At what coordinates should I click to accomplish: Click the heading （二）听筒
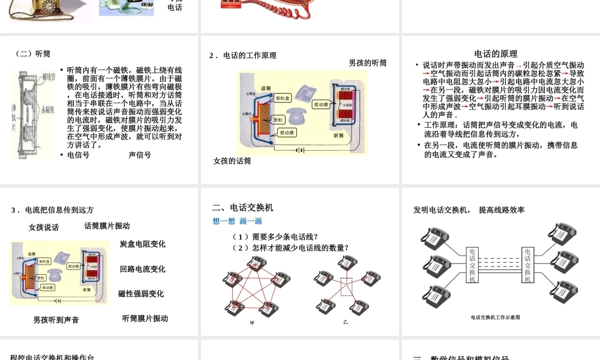(33, 53)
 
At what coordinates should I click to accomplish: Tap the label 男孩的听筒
(368, 62)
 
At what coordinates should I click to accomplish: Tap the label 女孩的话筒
(232, 161)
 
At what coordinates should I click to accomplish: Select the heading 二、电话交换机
(243, 208)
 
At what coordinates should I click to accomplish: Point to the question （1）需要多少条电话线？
(275, 236)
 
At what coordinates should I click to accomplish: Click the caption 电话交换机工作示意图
(495, 317)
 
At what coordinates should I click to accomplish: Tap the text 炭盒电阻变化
(143, 244)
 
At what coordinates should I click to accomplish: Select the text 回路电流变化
(143, 269)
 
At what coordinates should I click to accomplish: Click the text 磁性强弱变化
(141, 294)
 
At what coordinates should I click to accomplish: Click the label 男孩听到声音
(56, 320)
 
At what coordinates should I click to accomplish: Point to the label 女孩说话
(44, 227)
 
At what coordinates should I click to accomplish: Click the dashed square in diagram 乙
(347, 287)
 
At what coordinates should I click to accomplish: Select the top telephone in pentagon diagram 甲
(256, 263)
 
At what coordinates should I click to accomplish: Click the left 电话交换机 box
(472, 265)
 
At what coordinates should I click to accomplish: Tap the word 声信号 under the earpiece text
(140, 155)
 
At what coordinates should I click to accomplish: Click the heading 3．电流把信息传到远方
(53, 210)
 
